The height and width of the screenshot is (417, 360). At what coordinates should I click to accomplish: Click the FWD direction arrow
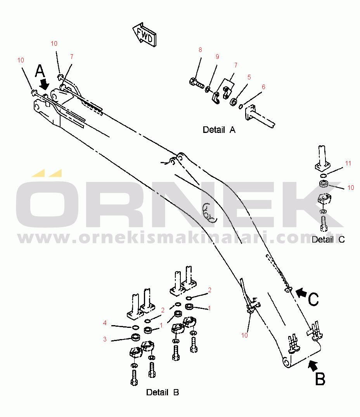point(144,35)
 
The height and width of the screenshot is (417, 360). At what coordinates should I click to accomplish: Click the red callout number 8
point(200,50)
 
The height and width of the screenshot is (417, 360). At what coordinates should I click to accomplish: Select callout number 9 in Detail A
point(217,57)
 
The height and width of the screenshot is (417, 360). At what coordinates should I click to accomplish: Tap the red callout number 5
point(249,77)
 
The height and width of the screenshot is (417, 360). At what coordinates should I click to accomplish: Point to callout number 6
point(263,87)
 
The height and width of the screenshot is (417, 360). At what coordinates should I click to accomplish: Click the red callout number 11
point(348,163)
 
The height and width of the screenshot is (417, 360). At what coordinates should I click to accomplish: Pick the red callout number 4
point(105,323)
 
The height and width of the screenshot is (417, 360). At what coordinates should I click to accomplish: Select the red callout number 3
point(105,339)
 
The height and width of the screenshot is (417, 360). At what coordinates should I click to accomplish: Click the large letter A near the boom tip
point(40,71)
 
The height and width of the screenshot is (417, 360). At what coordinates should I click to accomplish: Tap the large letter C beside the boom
point(313,300)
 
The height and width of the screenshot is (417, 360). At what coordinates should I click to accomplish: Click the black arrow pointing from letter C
point(301,293)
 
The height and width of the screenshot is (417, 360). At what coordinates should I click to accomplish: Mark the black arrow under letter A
point(45,84)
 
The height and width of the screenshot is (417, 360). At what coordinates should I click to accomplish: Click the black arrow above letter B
point(313,365)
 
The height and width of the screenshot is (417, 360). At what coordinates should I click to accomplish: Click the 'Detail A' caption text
point(219,130)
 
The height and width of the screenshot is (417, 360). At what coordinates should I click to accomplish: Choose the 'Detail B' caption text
point(163,392)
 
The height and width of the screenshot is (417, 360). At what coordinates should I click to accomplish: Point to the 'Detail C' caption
point(328,240)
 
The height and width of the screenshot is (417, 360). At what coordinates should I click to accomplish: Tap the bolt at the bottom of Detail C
point(324,223)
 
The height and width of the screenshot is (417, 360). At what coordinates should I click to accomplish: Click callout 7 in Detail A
point(235,65)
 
